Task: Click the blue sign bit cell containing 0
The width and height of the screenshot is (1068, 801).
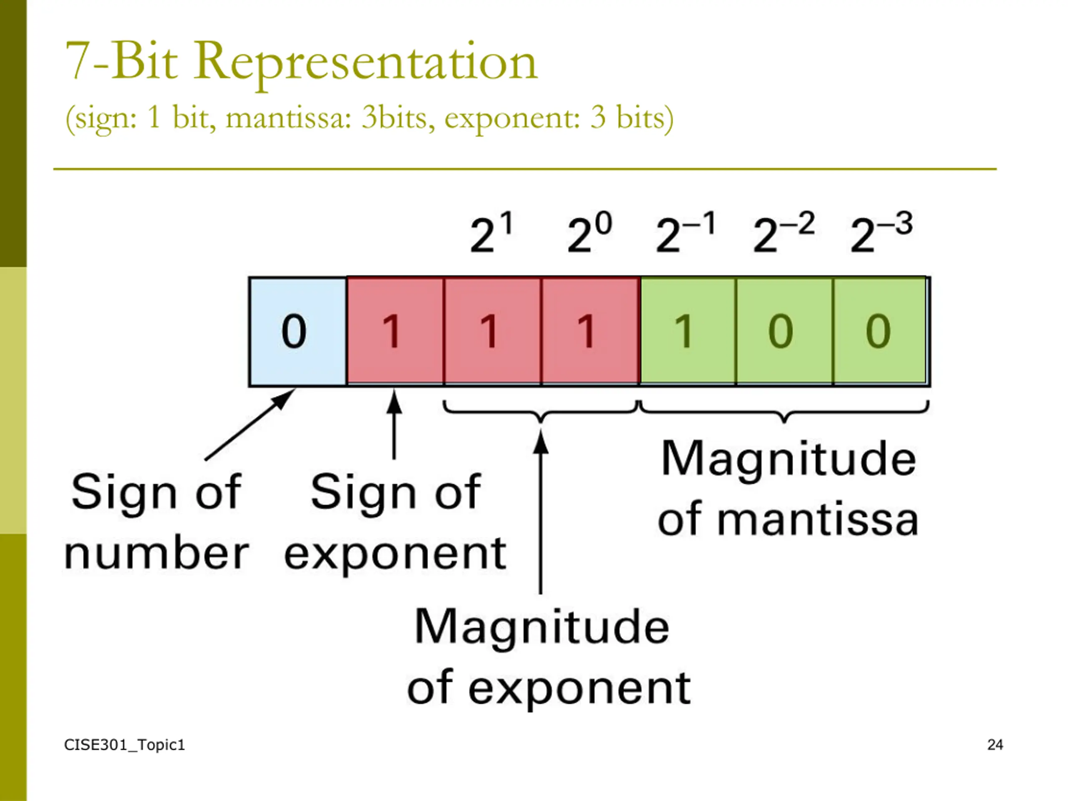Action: pos(297,331)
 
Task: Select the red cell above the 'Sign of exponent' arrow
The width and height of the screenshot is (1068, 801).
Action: pos(395,331)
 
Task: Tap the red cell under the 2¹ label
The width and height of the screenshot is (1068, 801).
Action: pos(492,331)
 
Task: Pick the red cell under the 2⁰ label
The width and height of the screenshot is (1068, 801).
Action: pos(589,331)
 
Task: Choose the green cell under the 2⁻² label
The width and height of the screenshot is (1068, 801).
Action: pos(783,331)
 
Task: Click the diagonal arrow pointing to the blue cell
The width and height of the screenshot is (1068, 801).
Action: pos(249,425)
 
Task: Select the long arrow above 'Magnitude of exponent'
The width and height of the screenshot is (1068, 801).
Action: pos(541,512)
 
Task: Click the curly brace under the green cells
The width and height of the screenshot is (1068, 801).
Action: pos(784,411)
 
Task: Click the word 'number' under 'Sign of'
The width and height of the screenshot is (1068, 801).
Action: pos(156,554)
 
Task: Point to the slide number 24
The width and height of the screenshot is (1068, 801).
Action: pos(995,745)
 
